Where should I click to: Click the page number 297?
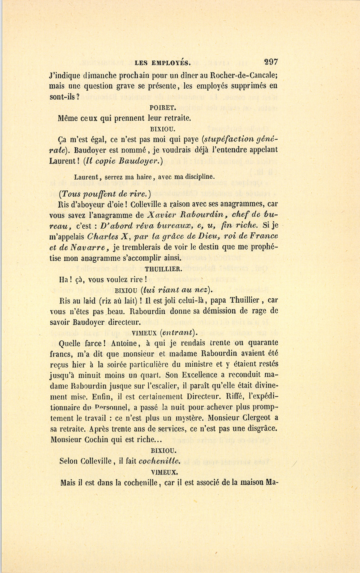coord(271,62)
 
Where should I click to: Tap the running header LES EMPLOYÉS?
coord(162,63)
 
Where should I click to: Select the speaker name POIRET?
coord(162,108)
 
